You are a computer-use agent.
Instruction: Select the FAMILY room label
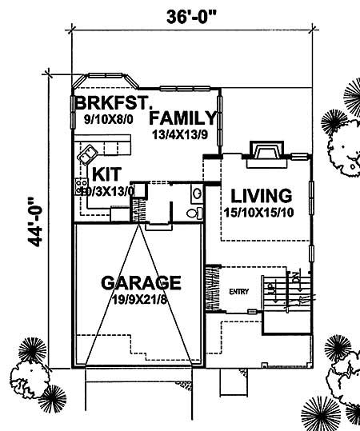(183, 116)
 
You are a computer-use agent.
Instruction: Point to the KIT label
(106, 174)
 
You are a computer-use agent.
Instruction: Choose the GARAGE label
(141, 282)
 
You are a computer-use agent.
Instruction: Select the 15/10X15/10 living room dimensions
(261, 212)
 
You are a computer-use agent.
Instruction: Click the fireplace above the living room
(265, 151)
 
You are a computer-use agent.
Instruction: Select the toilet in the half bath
(190, 213)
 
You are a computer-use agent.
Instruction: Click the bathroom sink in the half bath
(197, 194)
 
